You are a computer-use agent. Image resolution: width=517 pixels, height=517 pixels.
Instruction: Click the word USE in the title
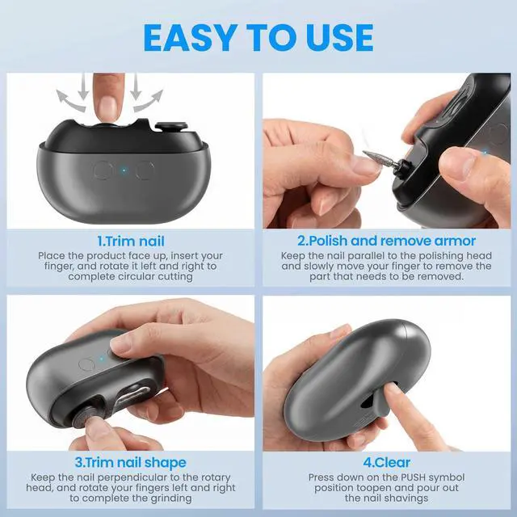click(x=340, y=38)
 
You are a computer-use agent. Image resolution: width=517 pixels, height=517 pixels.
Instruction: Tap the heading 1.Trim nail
click(x=131, y=241)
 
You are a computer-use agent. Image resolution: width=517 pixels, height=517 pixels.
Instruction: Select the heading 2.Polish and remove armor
click(x=386, y=241)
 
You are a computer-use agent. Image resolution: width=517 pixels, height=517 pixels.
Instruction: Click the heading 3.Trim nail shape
click(x=131, y=462)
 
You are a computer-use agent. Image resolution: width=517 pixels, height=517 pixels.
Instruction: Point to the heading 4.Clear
click(x=386, y=462)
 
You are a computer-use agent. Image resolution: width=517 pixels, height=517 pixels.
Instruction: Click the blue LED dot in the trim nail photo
click(x=124, y=170)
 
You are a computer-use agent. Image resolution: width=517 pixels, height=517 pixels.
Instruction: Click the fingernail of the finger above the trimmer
click(x=109, y=106)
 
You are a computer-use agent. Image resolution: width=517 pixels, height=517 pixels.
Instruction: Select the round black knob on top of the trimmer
click(x=171, y=127)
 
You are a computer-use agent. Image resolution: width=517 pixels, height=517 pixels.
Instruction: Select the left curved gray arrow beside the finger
click(x=70, y=99)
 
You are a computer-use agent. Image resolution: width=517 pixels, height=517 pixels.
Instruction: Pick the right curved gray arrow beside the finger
click(x=149, y=99)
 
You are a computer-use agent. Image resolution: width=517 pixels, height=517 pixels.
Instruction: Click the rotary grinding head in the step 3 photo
click(x=82, y=416)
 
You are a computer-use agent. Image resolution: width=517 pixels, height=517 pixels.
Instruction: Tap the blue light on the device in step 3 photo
click(x=102, y=359)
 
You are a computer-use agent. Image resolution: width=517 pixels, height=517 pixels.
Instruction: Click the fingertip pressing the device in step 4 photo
click(x=392, y=389)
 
